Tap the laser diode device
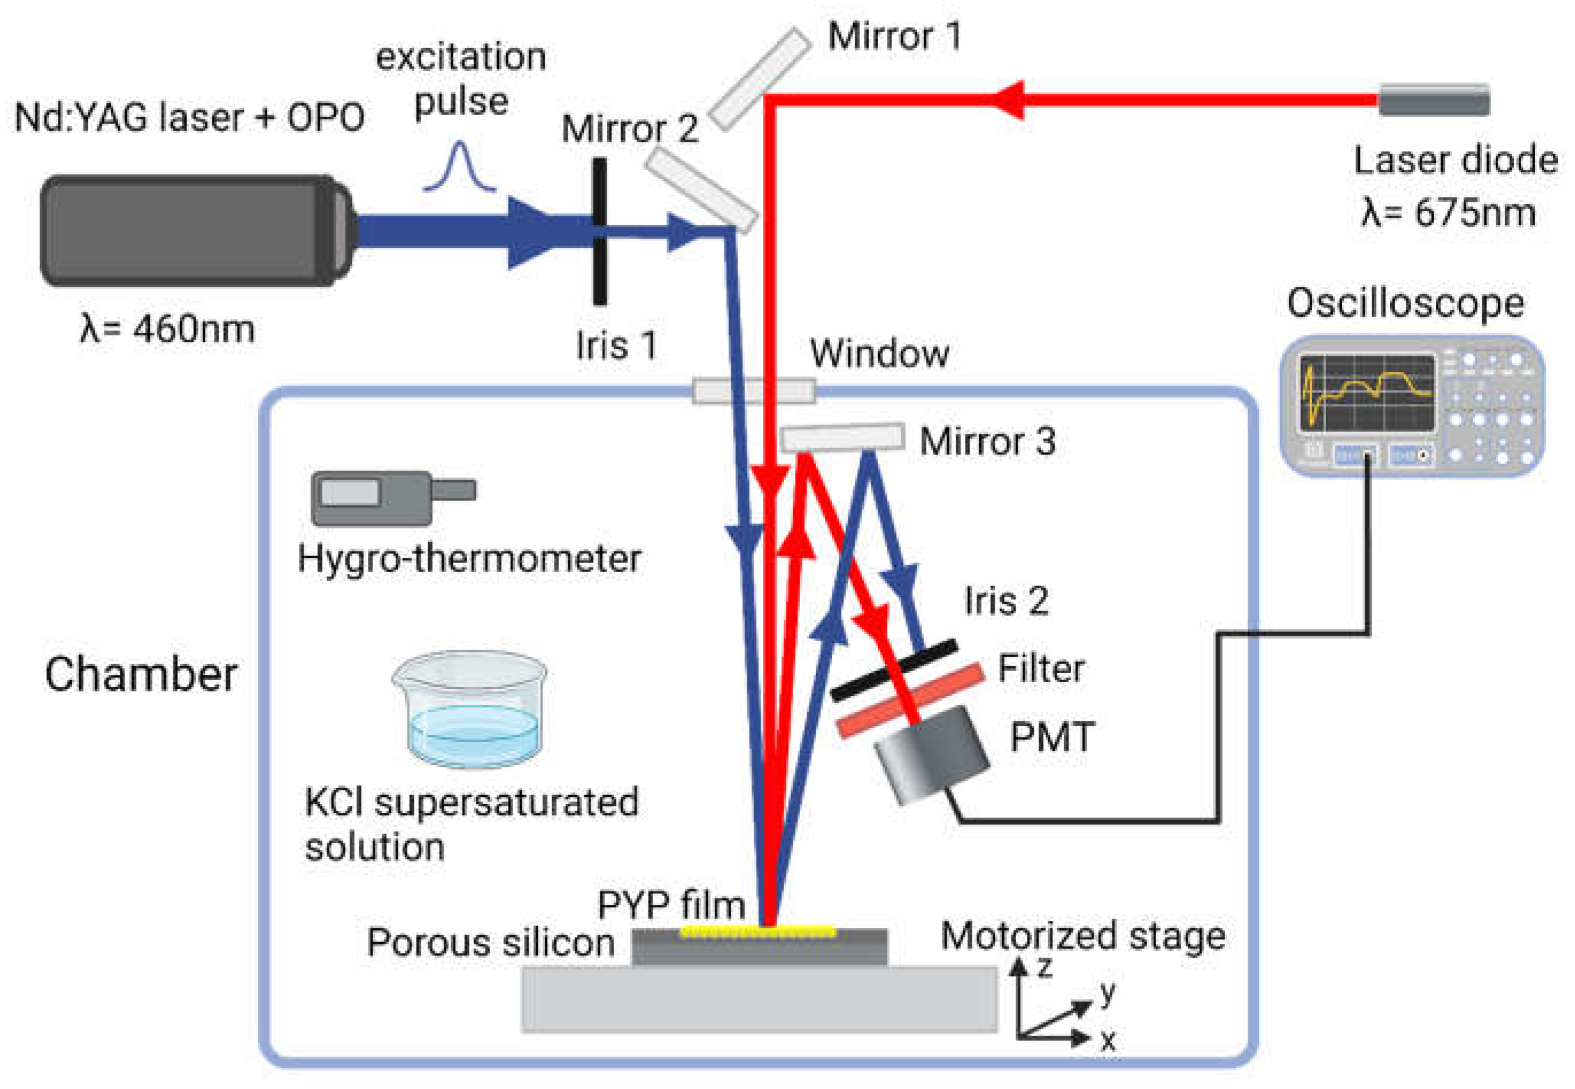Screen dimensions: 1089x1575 pos(1433,100)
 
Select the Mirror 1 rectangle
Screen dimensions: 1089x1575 pos(759,79)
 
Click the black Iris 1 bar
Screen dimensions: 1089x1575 pos(599,232)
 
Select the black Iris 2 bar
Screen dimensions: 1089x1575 pos(894,670)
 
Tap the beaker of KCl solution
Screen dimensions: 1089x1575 pos(471,710)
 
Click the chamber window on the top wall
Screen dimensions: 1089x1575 pos(754,391)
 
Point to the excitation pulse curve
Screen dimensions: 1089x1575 pos(459,167)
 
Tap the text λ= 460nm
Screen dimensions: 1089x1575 pos(167,329)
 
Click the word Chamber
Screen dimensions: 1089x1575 pos(141,675)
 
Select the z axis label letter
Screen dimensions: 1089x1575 pos(1044,967)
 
